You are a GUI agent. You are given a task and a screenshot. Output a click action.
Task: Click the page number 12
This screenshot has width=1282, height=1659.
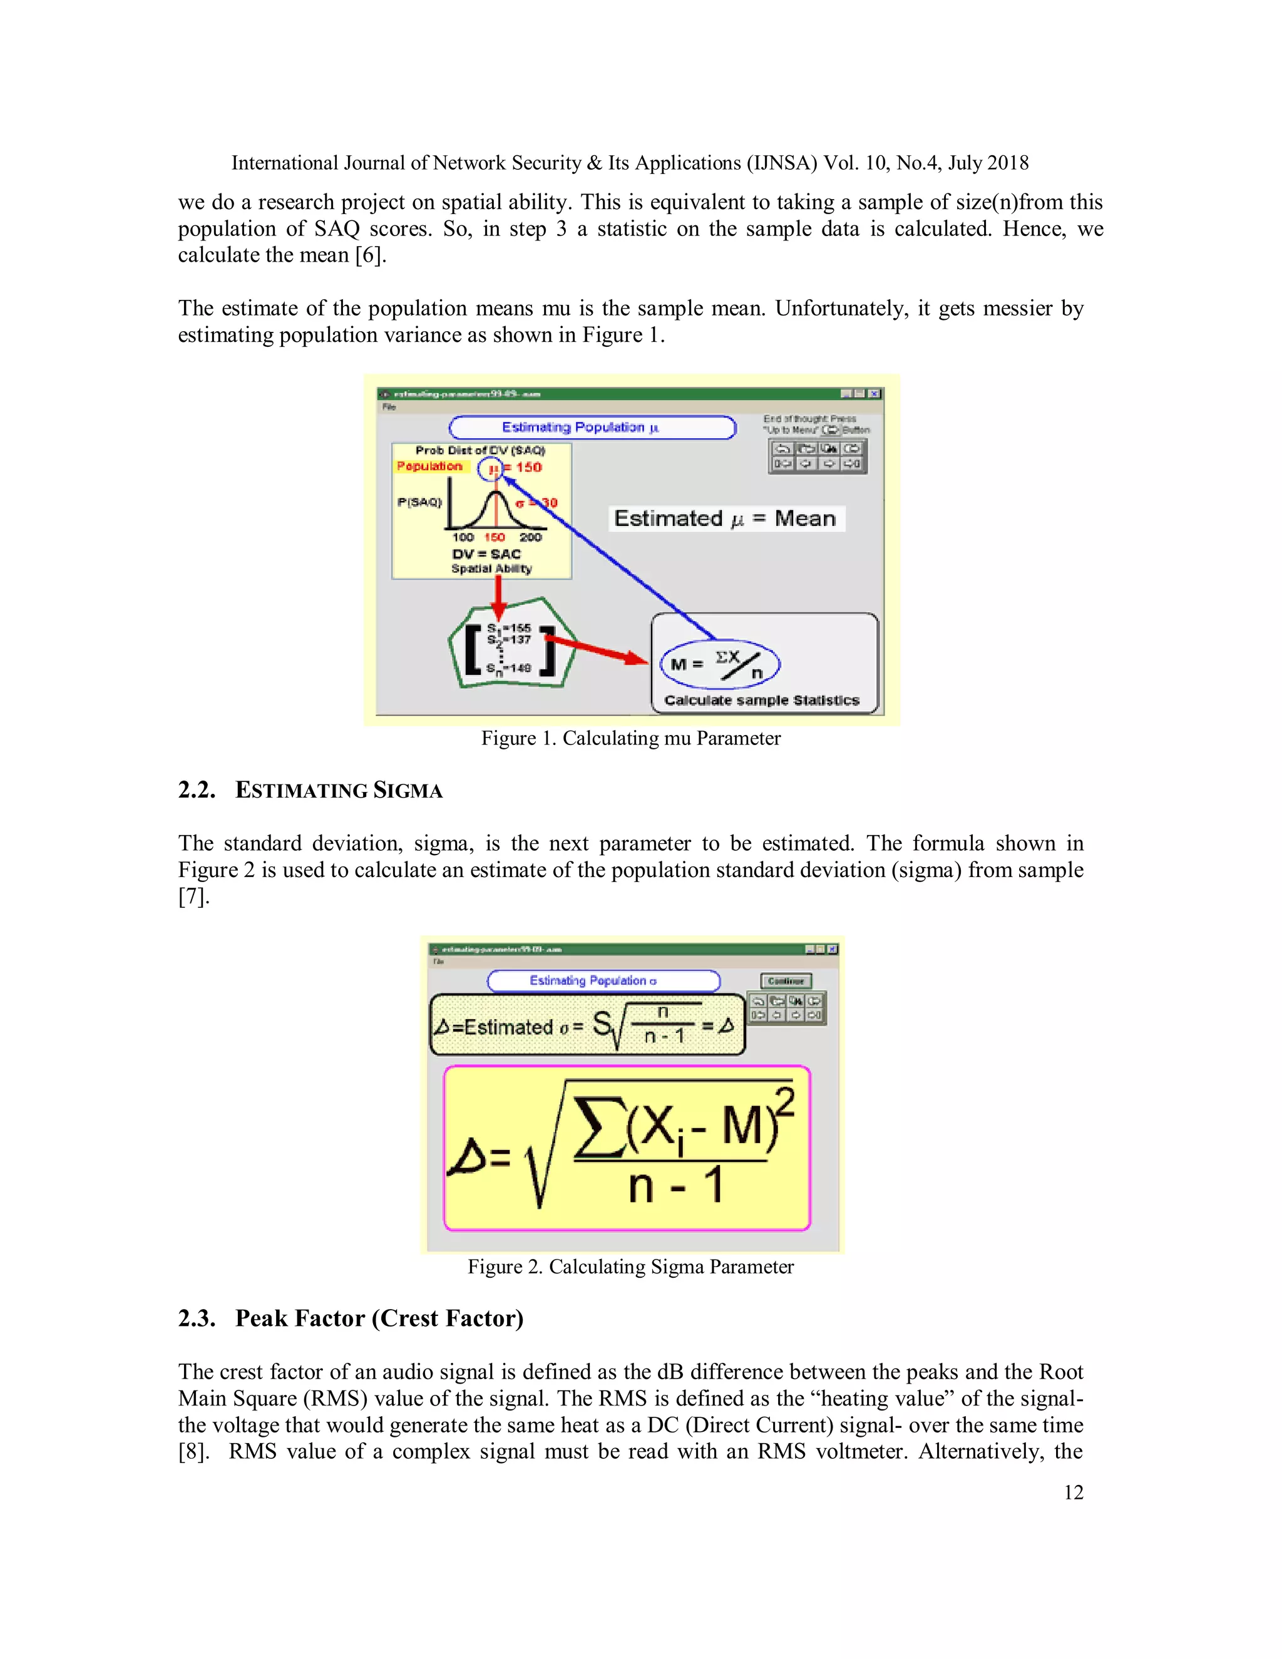pos(1073,1492)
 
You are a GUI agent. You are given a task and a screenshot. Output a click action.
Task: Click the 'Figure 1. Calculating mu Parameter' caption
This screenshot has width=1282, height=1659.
pos(630,738)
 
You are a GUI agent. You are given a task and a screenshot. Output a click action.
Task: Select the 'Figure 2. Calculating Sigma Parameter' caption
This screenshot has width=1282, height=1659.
pos(630,1267)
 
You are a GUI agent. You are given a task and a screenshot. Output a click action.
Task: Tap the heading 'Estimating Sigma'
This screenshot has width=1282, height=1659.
pos(339,791)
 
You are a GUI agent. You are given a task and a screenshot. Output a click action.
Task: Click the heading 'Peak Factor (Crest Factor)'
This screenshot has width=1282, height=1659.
pos(379,1318)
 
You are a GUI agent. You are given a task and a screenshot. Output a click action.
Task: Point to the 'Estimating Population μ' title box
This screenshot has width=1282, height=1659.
pos(592,428)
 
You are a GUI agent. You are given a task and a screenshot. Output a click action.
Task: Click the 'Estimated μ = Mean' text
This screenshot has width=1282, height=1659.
pos(726,519)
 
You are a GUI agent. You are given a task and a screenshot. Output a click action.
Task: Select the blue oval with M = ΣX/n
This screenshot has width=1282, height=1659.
pos(719,664)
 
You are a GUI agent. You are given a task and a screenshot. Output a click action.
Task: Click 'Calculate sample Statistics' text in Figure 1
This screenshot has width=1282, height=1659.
pos(762,701)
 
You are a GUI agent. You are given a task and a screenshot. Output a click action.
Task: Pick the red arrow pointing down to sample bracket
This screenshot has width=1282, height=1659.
pos(498,596)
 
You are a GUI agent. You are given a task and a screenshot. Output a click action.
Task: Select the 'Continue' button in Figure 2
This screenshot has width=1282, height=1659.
pos(786,982)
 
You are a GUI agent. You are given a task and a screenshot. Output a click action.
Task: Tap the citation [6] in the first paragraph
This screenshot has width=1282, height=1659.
pos(371,255)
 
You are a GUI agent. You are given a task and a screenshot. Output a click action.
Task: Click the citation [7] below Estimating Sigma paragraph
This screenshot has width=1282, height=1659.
pos(193,897)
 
